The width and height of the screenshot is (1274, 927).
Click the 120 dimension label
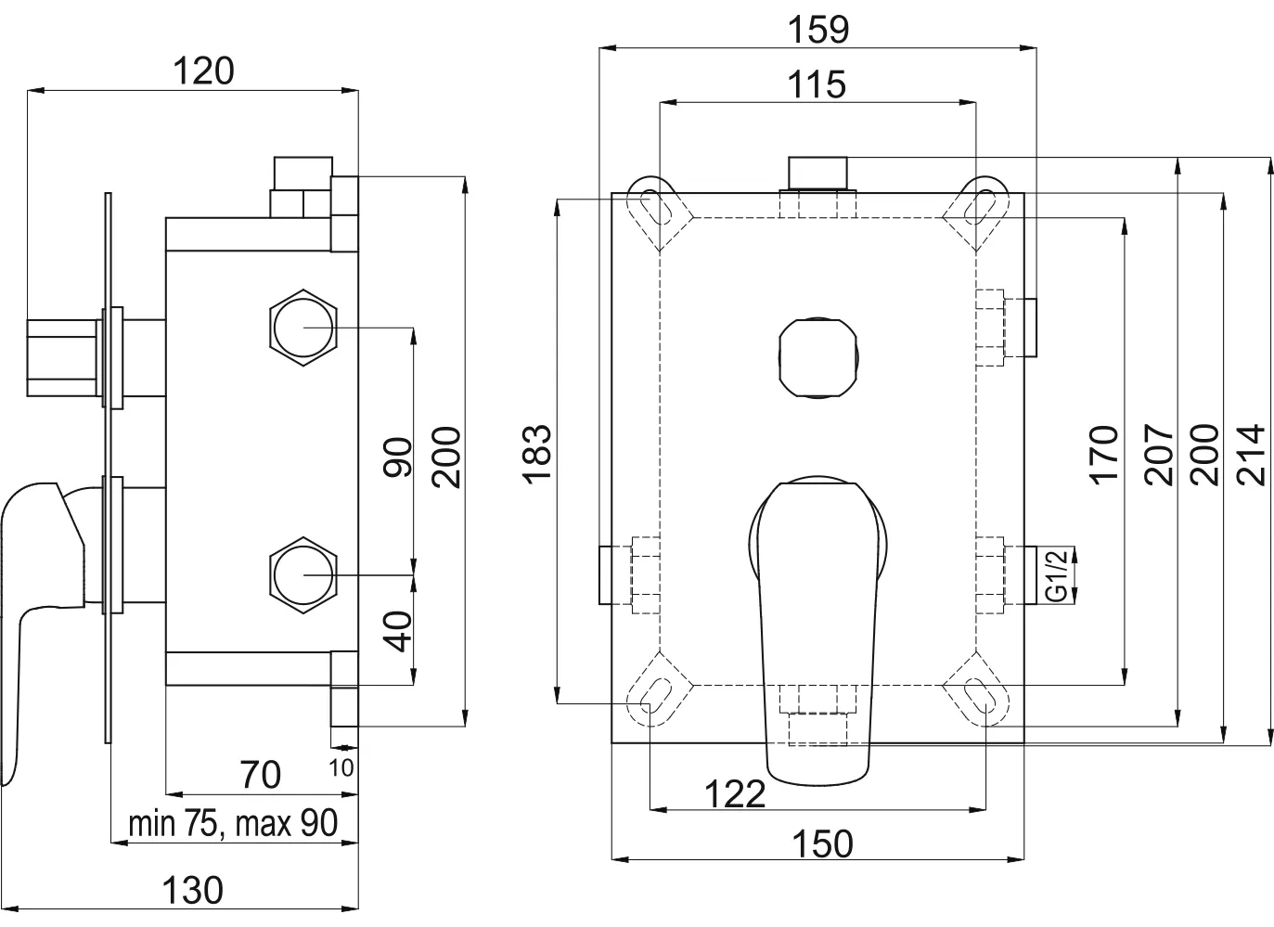(203, 71)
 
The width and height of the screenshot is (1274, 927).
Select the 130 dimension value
(192, 890)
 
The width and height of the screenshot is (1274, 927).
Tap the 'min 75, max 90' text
(233, 822)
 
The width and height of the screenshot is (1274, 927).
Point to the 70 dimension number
(261, 775)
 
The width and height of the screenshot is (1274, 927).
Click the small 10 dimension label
(341, 767)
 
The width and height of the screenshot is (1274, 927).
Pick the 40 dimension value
(397, 631)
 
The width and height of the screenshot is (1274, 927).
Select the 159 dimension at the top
(817, 30)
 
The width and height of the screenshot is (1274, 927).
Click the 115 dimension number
(817, 84)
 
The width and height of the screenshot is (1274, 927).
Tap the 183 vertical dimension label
(537, 454)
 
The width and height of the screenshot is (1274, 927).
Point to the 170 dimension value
(1104, 455)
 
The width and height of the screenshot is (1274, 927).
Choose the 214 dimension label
(1252, 455)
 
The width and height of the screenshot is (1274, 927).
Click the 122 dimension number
(735, 794)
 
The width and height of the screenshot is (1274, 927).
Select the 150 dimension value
(822, 844)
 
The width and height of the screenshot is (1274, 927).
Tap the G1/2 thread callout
(1056, 574)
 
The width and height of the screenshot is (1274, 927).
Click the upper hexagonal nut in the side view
(303, 328)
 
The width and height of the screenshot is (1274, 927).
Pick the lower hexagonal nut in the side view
(303, 575)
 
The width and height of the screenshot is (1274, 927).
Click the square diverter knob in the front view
(817, 358)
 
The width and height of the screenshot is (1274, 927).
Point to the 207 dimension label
(1159, 455)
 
